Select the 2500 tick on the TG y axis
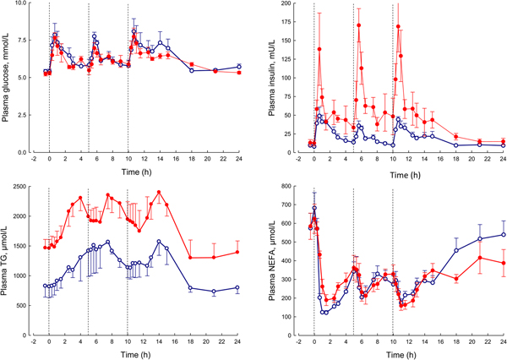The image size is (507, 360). [25, 188]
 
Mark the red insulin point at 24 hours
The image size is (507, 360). [503, 141]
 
